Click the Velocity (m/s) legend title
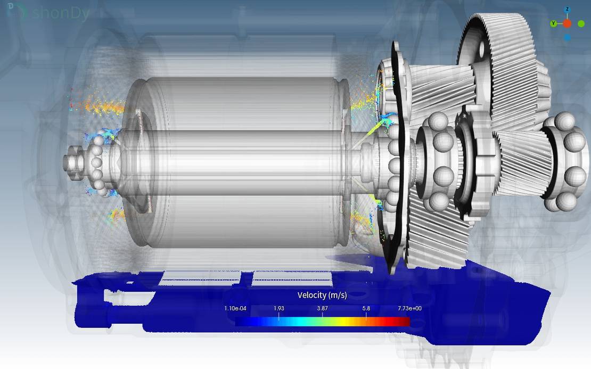(322, 295)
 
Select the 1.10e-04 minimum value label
(235, 308)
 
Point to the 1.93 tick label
(279, 308)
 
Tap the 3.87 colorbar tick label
(322, 308)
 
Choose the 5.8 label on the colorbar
(366, 308)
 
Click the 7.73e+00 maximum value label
(409, 308)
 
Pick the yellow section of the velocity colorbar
(345, 322)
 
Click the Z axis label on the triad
(567, 9)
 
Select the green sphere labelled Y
(553, 24)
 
